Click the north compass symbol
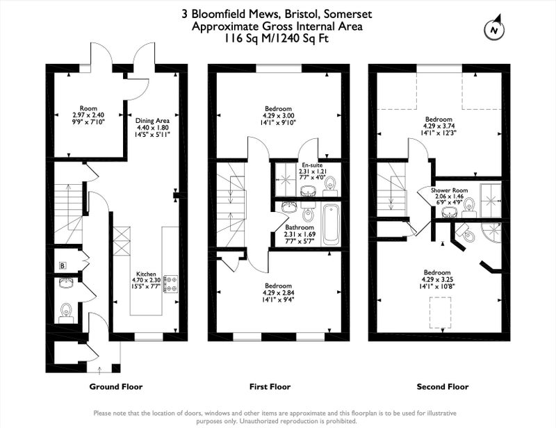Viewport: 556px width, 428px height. pyautogui.click(x=494, y=28)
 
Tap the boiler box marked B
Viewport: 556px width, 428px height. pyautogui.click(x=63, y=265)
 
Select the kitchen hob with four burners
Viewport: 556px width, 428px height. pyautogui.click(x=170, y=283)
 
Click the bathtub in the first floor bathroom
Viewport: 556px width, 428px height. pyautogui.click(x=332, y=224)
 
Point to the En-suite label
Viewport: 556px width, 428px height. pyautogui.click(x=312, y=165)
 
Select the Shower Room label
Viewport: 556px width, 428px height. pyautogui.click(x=449, y=190)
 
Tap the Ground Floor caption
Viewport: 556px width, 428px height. pyautogui.click(x=116, y=386)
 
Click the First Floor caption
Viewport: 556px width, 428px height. pyautogui.click(x=270, y=386)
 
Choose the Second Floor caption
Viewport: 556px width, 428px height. pyautogui.click(x=443, y=386)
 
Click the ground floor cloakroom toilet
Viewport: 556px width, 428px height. pyautogui.click(x=66, y=313)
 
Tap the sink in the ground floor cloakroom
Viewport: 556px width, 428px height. pyautogui.click(x=66, y=283)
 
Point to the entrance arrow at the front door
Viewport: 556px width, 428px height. pyautogui.click(x=99, y=370)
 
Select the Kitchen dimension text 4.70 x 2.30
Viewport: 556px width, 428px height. pyautogui.click(x=147, y=280)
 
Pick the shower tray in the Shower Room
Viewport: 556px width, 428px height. pyautogui.click(x=491, y=200)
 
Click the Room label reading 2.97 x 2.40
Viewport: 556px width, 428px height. pyautogui.click(x=88, y=115)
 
